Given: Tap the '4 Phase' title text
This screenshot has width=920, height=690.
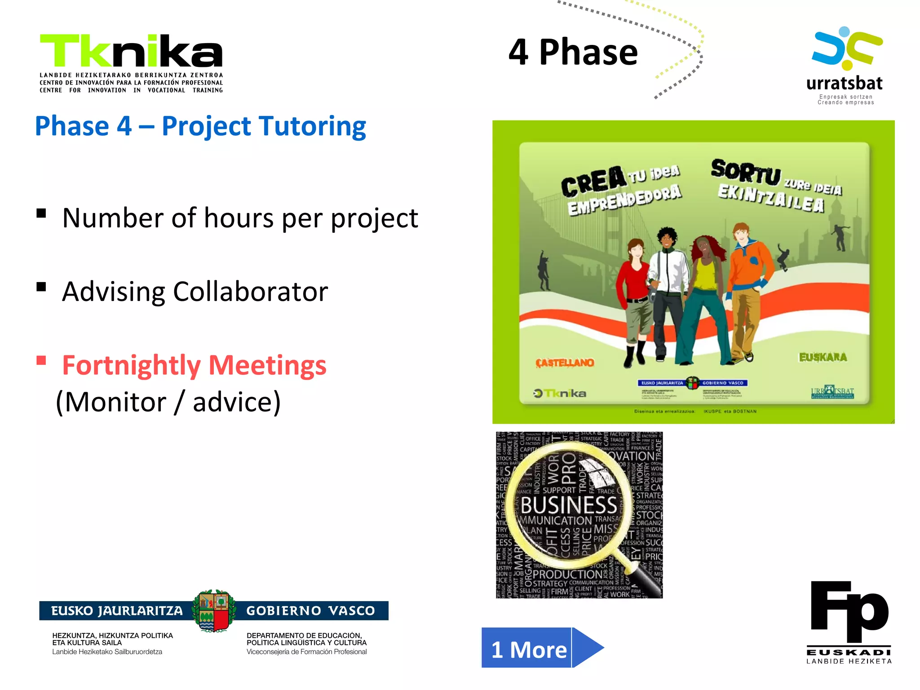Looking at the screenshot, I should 573,52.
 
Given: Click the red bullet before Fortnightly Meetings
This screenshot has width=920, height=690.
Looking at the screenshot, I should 41,360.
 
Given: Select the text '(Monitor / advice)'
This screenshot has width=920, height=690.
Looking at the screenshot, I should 168,402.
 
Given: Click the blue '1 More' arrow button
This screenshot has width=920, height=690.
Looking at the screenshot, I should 541,648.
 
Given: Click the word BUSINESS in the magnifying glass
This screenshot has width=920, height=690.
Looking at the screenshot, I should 569,505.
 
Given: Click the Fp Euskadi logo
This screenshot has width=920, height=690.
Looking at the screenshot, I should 849,620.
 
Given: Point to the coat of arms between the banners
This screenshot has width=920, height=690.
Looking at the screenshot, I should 214,611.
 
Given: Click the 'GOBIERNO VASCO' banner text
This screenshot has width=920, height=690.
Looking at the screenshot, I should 310,611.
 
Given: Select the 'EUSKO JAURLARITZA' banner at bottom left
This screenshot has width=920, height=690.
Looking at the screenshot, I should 117,611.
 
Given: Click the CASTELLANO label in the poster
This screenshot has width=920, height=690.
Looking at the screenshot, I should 565,363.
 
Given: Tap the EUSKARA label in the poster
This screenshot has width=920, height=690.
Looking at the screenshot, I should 823,357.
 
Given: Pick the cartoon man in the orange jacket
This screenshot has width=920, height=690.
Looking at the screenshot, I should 749,287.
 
